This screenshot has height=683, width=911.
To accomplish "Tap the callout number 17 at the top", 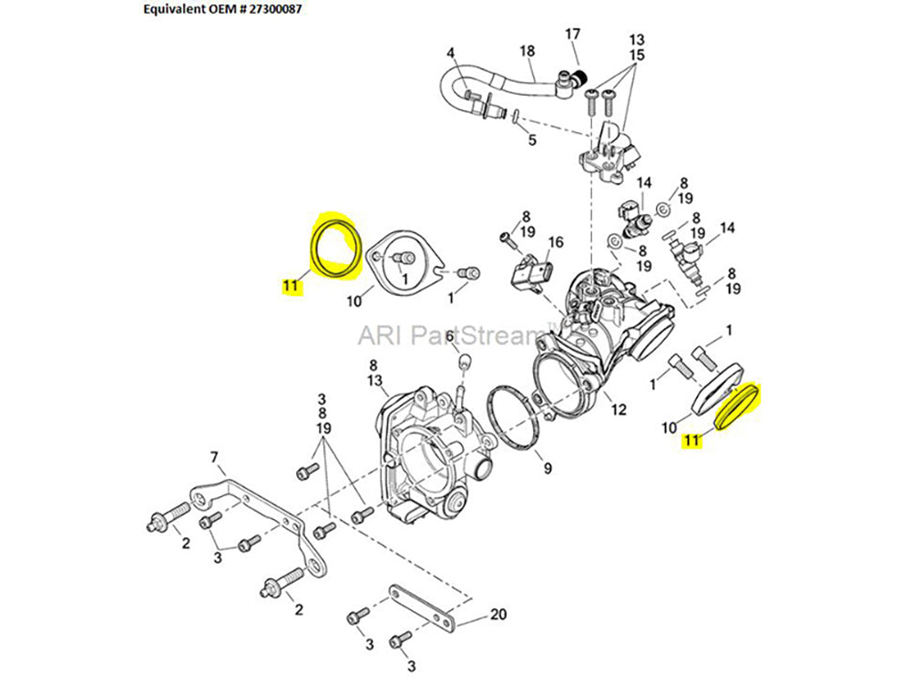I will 572,35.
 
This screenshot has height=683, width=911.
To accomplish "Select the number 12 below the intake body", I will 619,410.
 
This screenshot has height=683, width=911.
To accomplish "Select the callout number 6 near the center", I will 450,337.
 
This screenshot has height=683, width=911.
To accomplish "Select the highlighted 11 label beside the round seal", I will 290,289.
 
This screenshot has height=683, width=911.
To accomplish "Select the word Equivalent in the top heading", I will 178,11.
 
